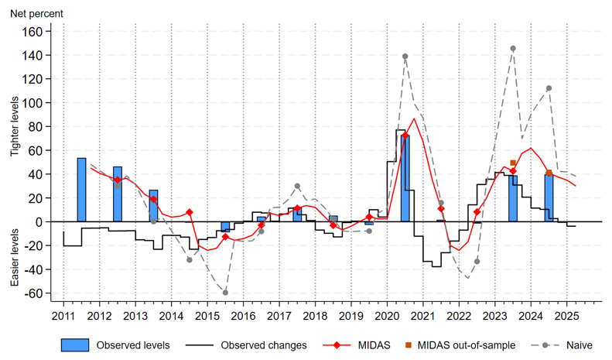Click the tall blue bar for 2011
point(81,190)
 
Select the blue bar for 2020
point(405,178)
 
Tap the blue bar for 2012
point(118,194)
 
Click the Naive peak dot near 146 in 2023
point(513,48)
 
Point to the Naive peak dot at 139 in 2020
point(405,57)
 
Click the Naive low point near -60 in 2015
point(225,293)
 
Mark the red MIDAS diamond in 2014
point(190,212)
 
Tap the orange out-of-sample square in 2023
point(513,163)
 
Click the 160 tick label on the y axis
point(39,32)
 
